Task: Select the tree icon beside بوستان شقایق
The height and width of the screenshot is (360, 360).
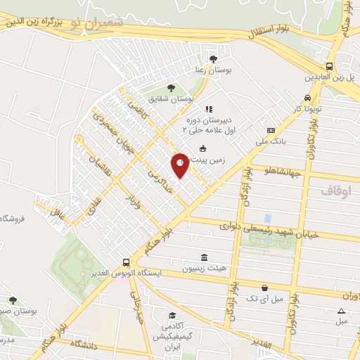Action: [x=171, y=88]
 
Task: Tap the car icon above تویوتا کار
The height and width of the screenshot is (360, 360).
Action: [x=307, y=98]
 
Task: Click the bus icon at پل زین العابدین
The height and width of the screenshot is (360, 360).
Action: [x=329, y=65]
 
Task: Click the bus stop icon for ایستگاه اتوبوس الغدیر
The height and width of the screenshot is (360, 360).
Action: [x=125, y=262]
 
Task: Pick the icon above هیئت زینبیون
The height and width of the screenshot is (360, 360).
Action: [x=204, y=257]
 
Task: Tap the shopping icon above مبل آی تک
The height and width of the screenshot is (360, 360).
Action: [x=264, y=287]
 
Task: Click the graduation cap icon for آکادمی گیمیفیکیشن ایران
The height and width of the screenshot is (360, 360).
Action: [x=171, y=316]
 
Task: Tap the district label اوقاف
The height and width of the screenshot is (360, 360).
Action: [x=336, y=191]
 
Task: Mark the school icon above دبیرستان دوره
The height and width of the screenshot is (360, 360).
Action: [x=208, y=109]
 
